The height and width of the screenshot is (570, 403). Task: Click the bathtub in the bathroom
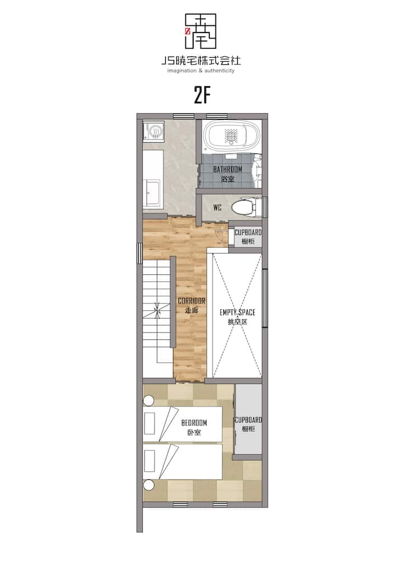tap(232, 136)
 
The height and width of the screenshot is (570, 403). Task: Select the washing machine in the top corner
tap(154, 131)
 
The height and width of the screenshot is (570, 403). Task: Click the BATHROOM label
tap(227, 169)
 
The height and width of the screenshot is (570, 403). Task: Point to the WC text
tap(217, 208)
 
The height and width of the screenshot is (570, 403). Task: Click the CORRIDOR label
tap(191, 301)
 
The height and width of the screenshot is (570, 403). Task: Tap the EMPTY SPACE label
tap(237, 312)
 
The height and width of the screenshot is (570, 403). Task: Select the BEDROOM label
tap(194, 423)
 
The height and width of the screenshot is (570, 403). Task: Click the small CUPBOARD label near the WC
tap(248, 232)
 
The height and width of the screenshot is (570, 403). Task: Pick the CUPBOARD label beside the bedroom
tap(249, 420)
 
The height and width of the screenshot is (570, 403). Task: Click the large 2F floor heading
tap(202, 96)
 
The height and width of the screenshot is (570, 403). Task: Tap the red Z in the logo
tap(188, 31)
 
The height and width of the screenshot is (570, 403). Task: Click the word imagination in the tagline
tap(182, 71)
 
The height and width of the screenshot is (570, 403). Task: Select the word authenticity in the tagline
tap(219, 71)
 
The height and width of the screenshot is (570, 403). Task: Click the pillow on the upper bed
tap(149, 423)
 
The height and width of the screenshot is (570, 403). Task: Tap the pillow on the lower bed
tap(149, 461)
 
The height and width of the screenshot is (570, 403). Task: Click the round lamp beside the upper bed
tap(148, 400)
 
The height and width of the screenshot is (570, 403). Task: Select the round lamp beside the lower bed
tap(148, 485)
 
